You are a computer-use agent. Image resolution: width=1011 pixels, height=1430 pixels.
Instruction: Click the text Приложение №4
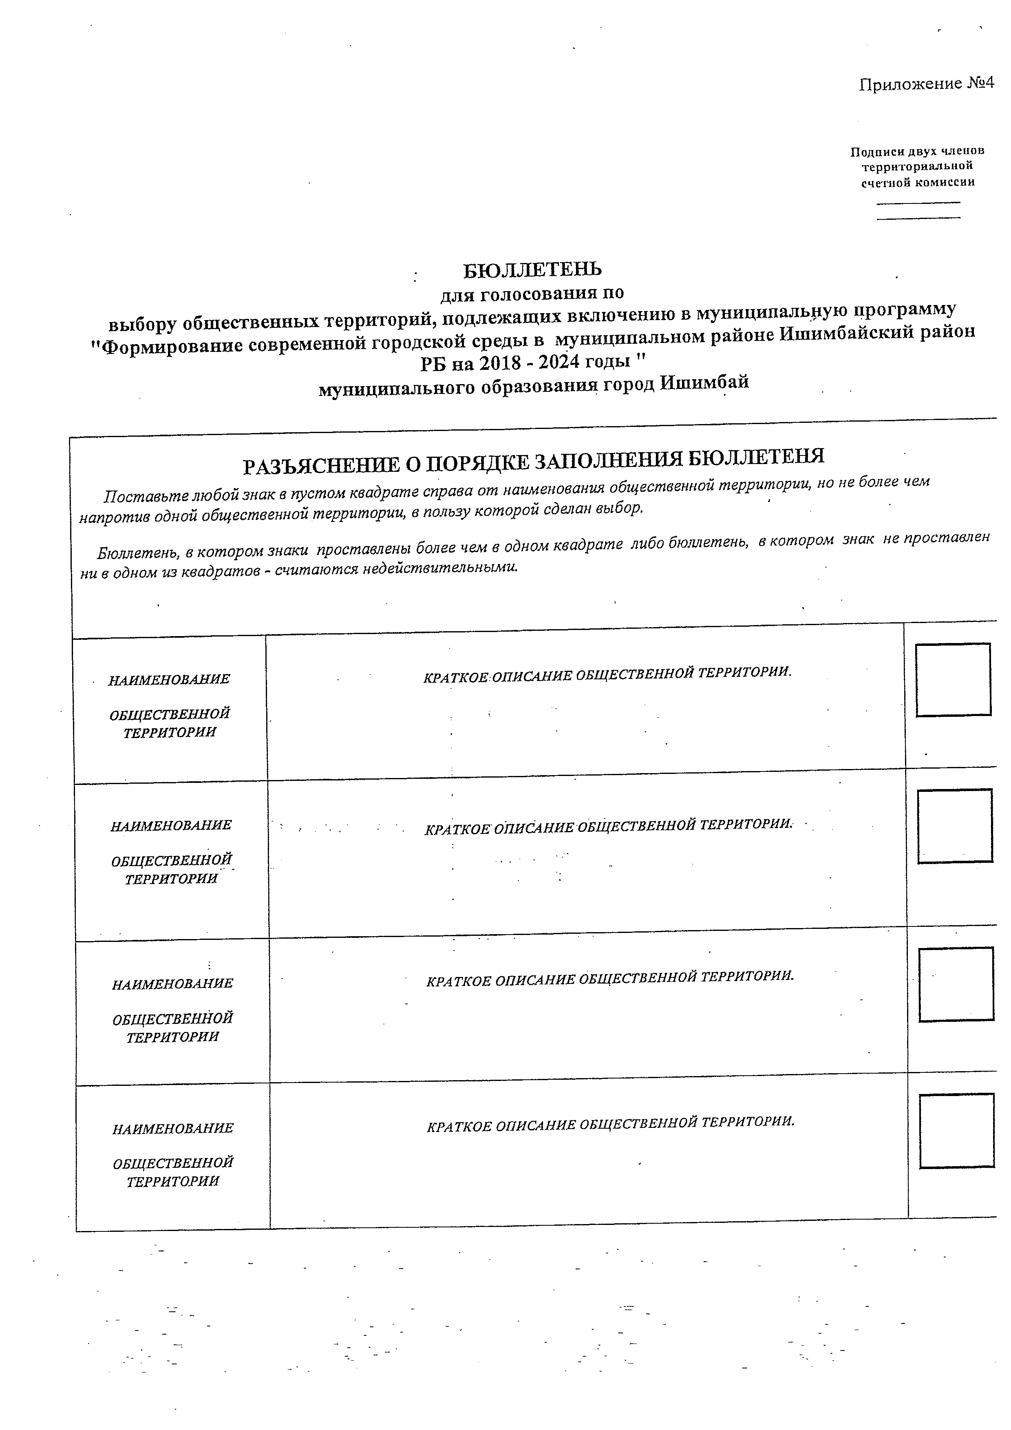pyautogui.click(x=926, y=84)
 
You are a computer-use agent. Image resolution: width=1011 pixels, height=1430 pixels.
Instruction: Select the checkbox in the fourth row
pyautogui.click(x=956, y=1130)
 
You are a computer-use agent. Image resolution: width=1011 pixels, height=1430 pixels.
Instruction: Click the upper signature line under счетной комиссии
pyautogui.click(x=918, y=202)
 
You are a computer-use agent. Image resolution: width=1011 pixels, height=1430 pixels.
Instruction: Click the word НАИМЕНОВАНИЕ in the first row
pyautogui.click(x=169, y=679)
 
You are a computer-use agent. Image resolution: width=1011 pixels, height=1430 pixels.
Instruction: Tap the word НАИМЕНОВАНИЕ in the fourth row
pyautogui.click(x=173, y=1129)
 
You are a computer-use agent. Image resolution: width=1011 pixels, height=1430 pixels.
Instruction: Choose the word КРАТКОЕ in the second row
pyautogui.click(x=456, y=830)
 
